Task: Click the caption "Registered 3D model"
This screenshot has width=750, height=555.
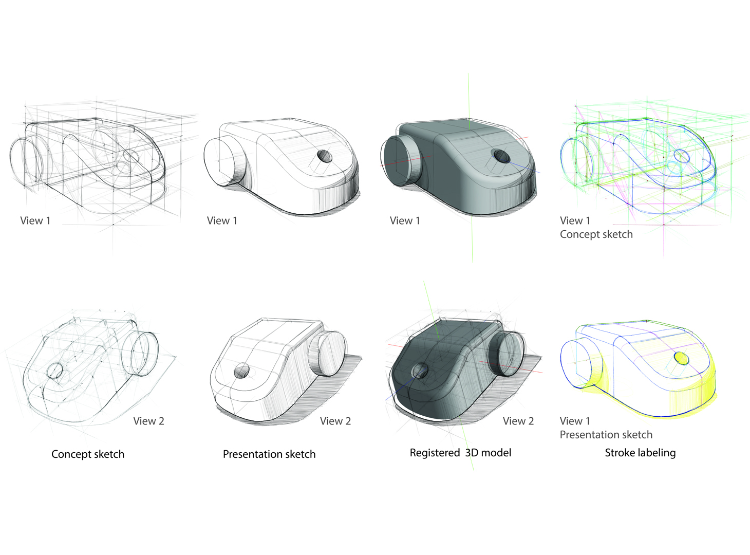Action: [x=460, y=453]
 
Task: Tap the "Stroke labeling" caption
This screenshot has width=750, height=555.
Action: [x=640, y=453]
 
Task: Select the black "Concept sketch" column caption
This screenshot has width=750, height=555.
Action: [x=87, y=454]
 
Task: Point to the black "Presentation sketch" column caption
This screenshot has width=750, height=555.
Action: [x=269, y=454]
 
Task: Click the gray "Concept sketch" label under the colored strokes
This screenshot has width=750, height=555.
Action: [x=596, y=234]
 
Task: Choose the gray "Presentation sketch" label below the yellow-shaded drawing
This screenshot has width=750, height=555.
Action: [x=606, y=435]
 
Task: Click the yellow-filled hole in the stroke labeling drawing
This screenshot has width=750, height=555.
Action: [x=681, y=358]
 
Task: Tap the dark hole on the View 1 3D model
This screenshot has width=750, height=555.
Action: [x=501, y=156]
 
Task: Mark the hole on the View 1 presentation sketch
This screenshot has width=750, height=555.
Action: [x=325, y=156]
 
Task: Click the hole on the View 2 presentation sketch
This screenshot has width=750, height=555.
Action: [x=241, y=371]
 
